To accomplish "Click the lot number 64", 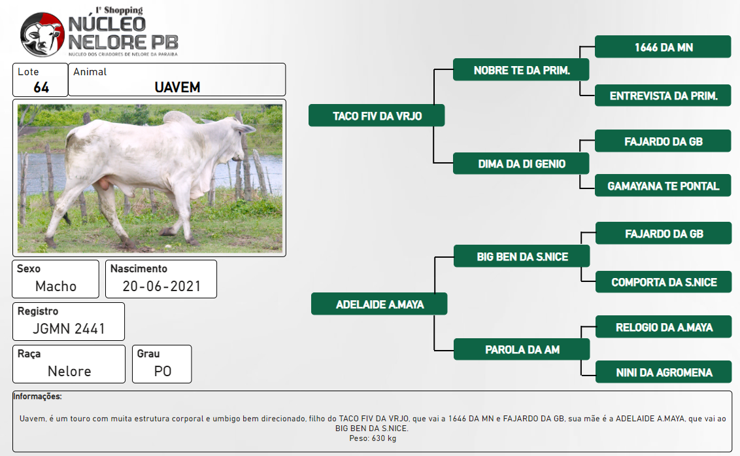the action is [41, 88].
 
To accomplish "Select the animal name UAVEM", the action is [177, 88].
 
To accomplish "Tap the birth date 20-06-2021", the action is [161, 287].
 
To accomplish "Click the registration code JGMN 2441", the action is [69, 329].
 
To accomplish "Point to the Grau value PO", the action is [163, 372].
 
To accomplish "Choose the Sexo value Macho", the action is [56, 287].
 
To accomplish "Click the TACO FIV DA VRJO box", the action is [377, 116].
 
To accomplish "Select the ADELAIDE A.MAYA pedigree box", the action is [379, 304].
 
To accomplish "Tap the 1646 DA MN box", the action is [663, 47].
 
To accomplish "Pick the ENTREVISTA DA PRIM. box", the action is [663, 96].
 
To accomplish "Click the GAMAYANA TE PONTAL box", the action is [663, 186].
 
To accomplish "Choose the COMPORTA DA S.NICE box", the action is [664, 281].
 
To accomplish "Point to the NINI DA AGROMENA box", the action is [664, 372].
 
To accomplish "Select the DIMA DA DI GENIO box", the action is [521, 164].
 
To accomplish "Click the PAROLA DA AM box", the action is [522, 349].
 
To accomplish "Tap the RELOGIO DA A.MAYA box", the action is [664, 327].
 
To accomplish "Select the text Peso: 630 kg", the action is [373, 438].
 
